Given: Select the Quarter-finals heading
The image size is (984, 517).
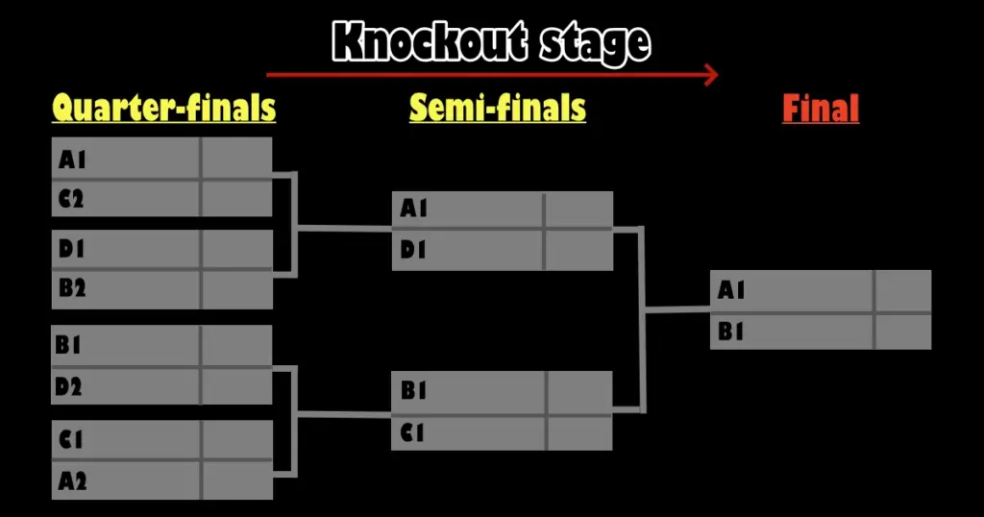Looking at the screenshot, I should pos(163,109).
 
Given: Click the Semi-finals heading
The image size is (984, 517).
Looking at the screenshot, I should pos(497,109).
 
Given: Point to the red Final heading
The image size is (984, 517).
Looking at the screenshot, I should pos(820,109).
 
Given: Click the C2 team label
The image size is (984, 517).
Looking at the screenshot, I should pos(72,200).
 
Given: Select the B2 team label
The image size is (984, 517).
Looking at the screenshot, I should pos(72,288).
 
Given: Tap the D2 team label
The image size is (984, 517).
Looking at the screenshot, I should pos(69,387).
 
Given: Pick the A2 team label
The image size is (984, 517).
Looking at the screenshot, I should pos(72,480).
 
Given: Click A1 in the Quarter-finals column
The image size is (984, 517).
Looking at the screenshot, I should pos(72,159).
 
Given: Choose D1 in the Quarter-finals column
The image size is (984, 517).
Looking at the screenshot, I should pos(72,249).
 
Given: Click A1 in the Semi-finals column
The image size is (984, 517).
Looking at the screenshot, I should pos(414,209).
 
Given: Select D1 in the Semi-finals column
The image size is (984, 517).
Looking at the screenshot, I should pos(414,251).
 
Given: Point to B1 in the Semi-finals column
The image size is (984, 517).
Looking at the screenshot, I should pos(413,391).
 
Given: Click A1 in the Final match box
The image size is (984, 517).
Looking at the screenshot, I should pos(731,290).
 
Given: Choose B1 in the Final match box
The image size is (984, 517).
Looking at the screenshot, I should pos(731,332).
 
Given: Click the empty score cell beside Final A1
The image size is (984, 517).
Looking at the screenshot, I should pos(902,290).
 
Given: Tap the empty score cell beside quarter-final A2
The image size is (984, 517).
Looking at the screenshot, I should pos(236,480).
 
